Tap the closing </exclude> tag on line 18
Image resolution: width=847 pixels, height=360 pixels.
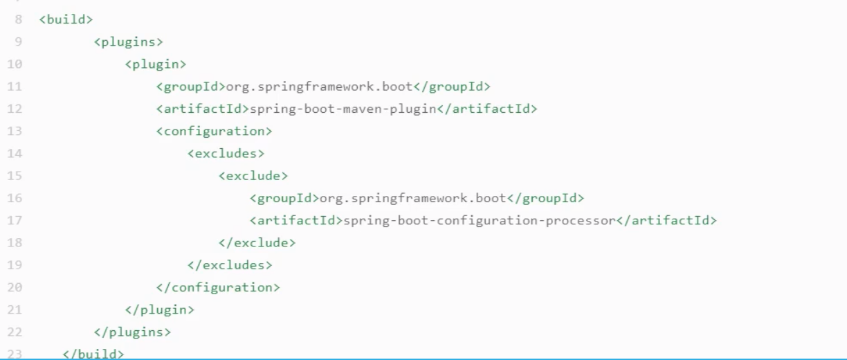[x=257, y=242]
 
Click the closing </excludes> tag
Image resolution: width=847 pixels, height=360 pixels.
[x=229, y=264]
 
